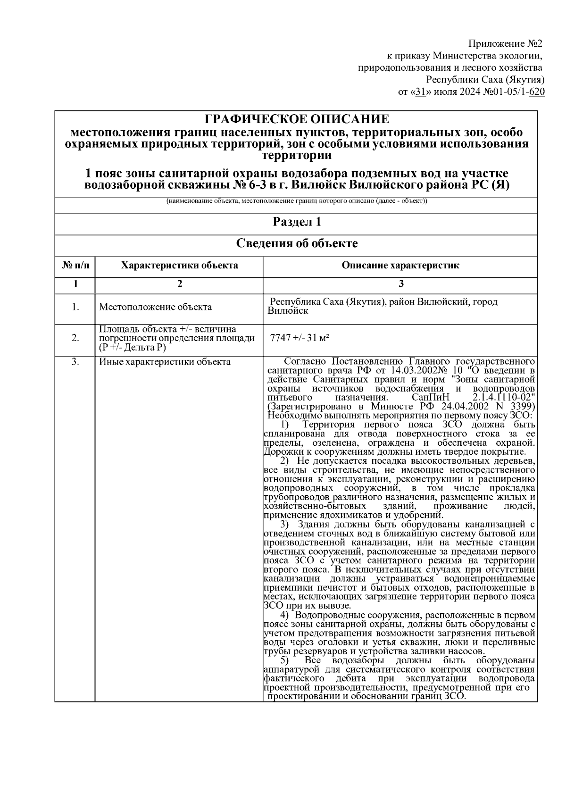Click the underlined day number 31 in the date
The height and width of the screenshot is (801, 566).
click(421, 92)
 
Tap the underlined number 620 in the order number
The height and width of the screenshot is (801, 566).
click(537, 92)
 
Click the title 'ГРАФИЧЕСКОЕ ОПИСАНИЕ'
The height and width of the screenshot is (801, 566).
click(296, 118)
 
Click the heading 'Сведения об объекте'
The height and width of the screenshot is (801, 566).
click(296, 243)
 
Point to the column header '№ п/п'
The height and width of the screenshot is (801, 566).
click(75, 265)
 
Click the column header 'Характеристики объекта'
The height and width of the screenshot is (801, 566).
click(179, 265)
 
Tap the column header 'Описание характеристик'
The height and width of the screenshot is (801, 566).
click(400, 265)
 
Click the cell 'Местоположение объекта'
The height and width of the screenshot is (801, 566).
click(155, 307)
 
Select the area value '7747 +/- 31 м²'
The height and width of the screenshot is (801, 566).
click(299, 338)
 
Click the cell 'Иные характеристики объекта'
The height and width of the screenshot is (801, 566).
click(165, 362)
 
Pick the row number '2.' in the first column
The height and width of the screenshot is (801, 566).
click(75, 338)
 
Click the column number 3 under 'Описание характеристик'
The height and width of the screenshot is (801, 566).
click(400, 284)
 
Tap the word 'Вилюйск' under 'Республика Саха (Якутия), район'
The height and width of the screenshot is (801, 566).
click(288, 311)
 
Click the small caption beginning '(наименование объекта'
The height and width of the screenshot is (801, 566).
click(296, 201)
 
